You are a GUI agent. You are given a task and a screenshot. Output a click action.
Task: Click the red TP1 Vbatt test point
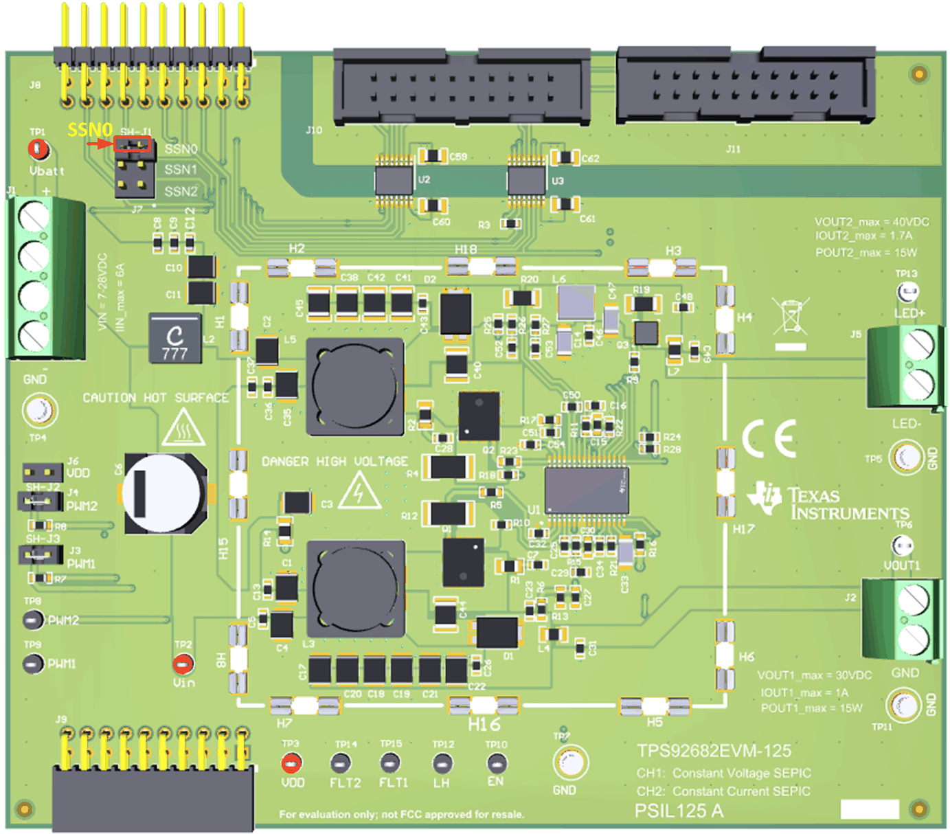tap(38, 148)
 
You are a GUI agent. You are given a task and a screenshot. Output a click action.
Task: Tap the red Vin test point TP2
tap(183, 664)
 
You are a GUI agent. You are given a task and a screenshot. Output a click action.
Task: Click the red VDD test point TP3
tap(291, 763)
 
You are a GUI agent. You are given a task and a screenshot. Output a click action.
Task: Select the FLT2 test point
tap(341, 763)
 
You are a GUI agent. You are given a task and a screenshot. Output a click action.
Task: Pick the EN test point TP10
tap(496, 763)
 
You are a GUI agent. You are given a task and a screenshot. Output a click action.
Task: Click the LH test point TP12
tap(442, 763)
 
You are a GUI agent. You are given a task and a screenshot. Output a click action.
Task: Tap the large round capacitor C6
tap(164, 493)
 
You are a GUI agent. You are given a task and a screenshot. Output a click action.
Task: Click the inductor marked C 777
tap(176, 339)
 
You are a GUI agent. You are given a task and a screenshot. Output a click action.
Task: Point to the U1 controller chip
tap(586, 490)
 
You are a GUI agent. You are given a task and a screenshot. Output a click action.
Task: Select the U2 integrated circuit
tap(394, 181)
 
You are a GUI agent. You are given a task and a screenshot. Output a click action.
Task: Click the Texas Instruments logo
tap(827, 501)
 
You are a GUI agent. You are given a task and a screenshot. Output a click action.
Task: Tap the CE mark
tap(769, 438)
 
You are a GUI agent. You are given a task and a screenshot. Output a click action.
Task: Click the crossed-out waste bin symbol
tap(791, 317)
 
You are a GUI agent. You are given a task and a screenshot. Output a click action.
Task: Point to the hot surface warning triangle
tap(183, 428)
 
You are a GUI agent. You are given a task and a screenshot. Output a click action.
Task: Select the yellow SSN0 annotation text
tap(89, 129)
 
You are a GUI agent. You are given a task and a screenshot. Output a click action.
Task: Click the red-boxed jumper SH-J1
tap(133, 144)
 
